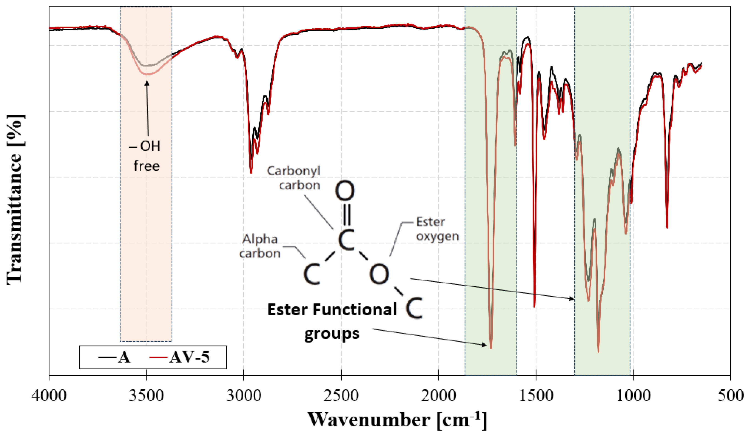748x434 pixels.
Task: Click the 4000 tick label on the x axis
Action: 49,396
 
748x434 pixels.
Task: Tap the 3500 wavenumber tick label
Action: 146,396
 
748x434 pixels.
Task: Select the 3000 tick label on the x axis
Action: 244,396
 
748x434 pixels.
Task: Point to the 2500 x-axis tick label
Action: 341,396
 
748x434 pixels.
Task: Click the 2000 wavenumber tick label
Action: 438,396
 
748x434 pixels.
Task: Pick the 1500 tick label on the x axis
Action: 536,396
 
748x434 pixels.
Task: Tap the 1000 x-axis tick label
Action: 633,396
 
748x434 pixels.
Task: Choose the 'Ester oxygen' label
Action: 437,229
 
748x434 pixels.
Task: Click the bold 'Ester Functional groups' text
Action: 332,321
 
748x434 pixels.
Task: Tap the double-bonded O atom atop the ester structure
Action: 345,191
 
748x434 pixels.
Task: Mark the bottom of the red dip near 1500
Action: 534,307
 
